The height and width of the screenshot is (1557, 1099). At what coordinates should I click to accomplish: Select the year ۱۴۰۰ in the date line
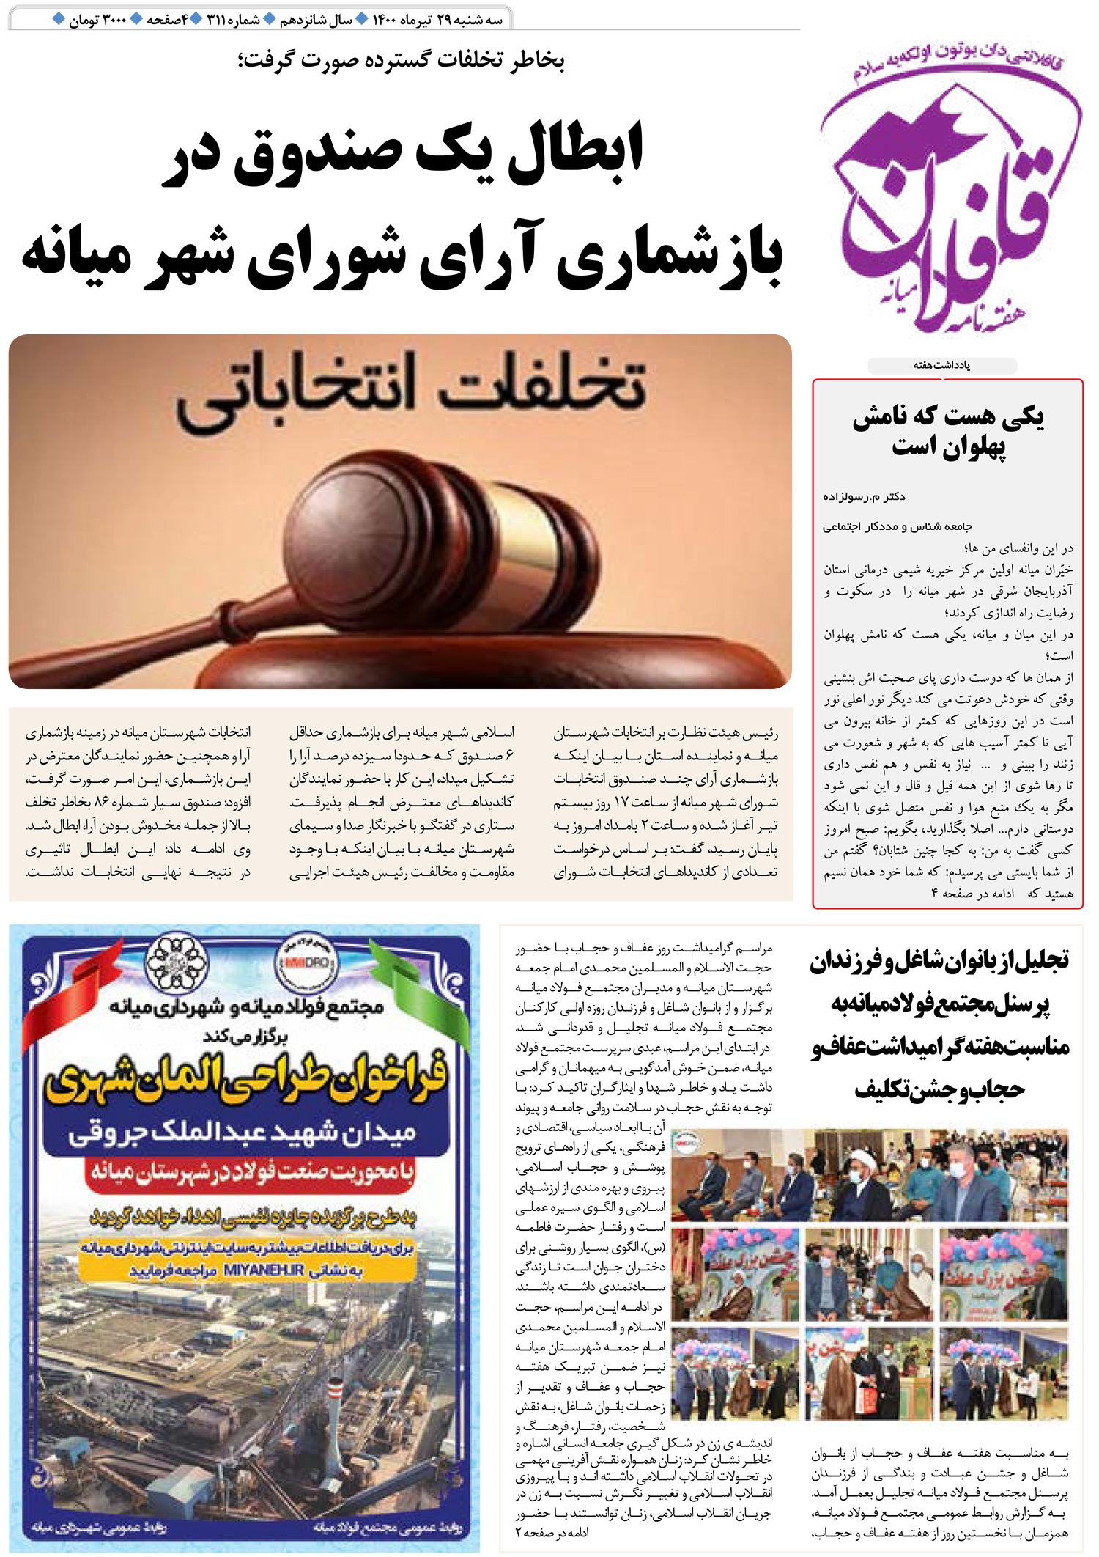[x=384, y=20]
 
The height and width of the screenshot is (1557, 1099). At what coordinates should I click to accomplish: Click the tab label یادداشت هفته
[x=941, y=365]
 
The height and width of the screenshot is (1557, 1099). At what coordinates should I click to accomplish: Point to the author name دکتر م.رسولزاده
[x=864, y=497]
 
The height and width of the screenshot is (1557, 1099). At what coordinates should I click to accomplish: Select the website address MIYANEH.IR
[x=264, y=1270]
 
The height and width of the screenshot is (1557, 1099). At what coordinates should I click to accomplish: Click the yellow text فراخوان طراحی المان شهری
[x=245, y=1080]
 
